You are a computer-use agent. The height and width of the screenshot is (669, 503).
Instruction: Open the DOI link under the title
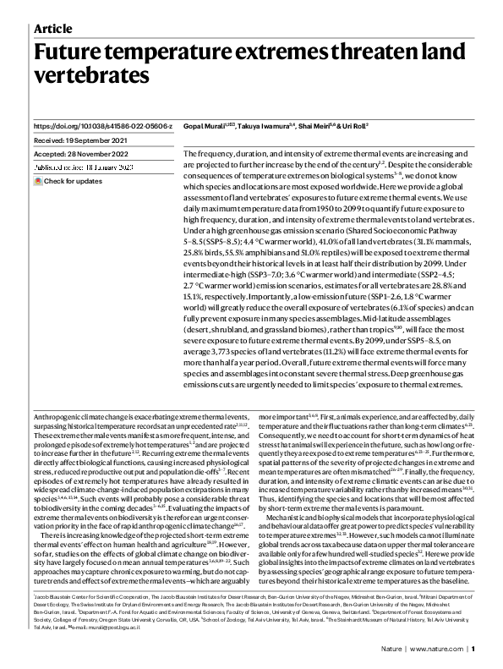(102, 126)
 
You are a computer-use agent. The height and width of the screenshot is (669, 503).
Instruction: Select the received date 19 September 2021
(80, 140)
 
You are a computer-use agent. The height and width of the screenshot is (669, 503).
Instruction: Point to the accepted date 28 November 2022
(80, 155)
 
